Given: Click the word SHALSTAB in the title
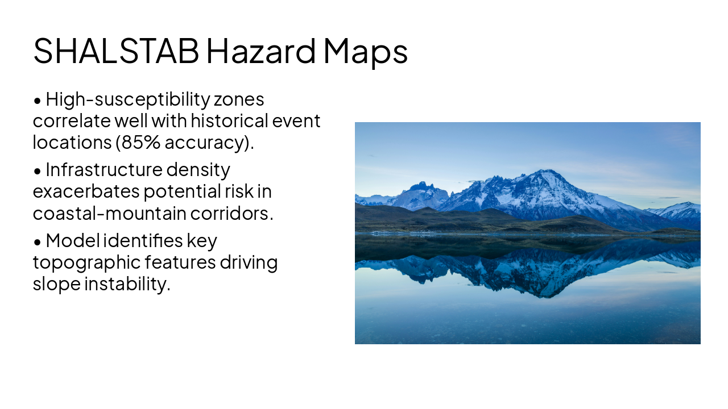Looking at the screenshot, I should pyautogui.click(x=116, y=51).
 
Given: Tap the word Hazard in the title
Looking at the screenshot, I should pyautogui.click(x=261, y=51).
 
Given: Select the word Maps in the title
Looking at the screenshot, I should pyautogui.click(x=365, y=51).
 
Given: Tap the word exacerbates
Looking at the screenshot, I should pyautogui.click(x=86, y=191).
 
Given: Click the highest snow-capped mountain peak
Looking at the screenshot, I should pyautogui.click(x=547, y=171).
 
